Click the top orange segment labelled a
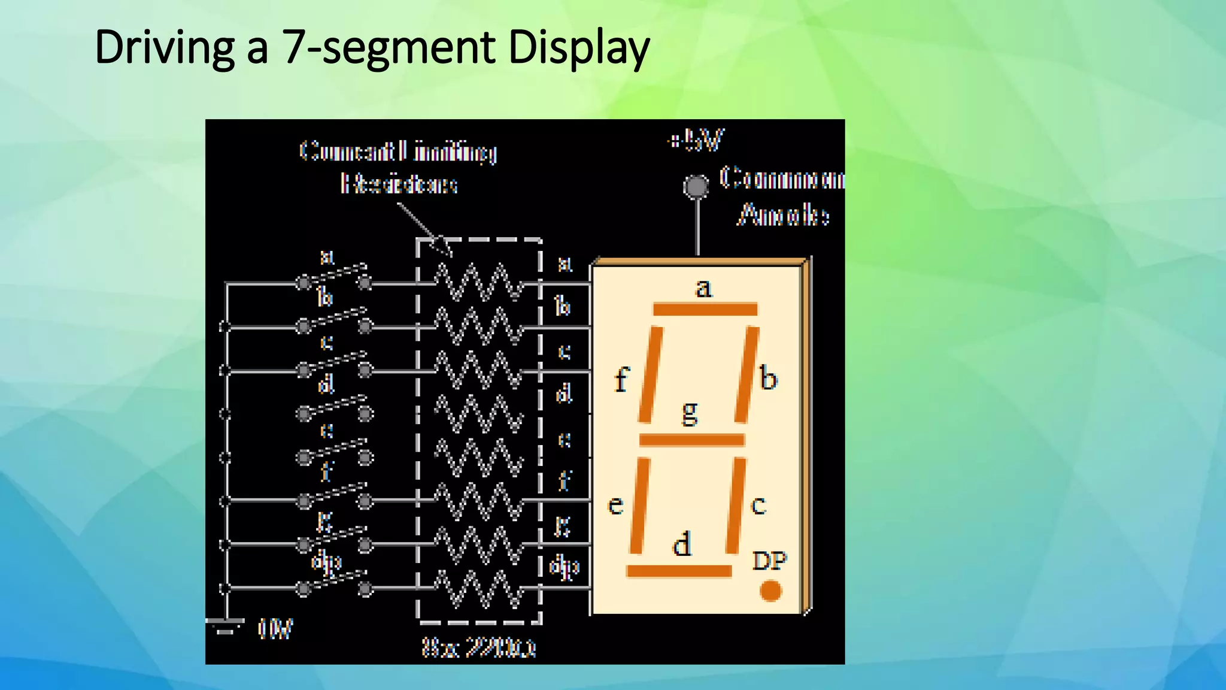click(x=705, y=310)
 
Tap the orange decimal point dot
click(x=770, y=591)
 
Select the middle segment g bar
click(x=691, y=440)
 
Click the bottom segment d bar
click(x=679, y=571)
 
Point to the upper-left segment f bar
click(x=650, y=374)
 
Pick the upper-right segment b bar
click(x=746, y=374)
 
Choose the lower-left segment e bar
click(x=639, y=505)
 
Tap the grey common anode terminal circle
click(x=696, y=186)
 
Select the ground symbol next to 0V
click(x=225, y=626)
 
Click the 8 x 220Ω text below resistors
click(x=479, y=647)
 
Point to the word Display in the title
click(x=578, y=48)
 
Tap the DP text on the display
click(x=769, y=561)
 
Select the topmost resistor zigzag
click(x=479, y=282)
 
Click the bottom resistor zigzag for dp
click(x=479, y=588)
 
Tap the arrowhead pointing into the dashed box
click(x=441, y=245)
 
